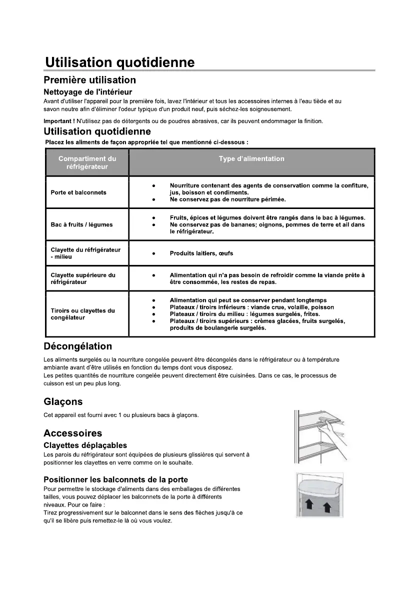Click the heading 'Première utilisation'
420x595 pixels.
click(x=89, y=80)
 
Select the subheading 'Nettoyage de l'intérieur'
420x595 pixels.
click(x=87, y=92)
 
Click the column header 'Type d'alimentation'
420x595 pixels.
click(x=251, y=159)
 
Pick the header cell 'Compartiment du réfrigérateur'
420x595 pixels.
click(x=87, y=162)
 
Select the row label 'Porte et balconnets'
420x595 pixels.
click(x=78, y=192)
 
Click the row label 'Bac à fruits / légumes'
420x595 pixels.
click(x=81, y=224)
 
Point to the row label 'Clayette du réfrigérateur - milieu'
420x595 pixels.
click(x=85, y=253)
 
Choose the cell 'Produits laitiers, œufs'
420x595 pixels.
click(x=201, y=253)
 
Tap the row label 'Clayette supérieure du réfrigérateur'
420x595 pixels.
click(x=83, y=278)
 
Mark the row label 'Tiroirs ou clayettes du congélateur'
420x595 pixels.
click(x=82, y=314)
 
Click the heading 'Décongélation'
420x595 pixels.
click(x=77, y=346)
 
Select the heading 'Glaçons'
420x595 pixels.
click(x=63, y=402)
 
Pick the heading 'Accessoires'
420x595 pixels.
click(x=72, y=433)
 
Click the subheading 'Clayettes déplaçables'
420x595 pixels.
click(x=85, y=445)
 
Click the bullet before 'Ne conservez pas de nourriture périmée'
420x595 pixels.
click(x=154, y=199)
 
